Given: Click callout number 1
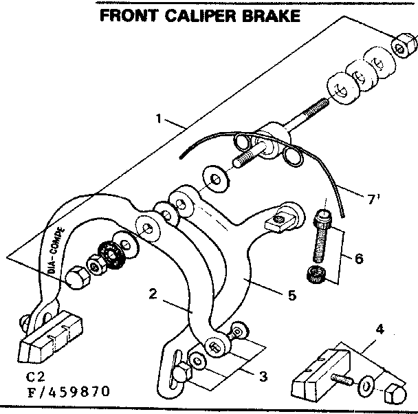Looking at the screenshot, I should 159,119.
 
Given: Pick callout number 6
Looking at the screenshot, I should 358,259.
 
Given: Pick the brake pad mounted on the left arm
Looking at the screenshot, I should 51,342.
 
